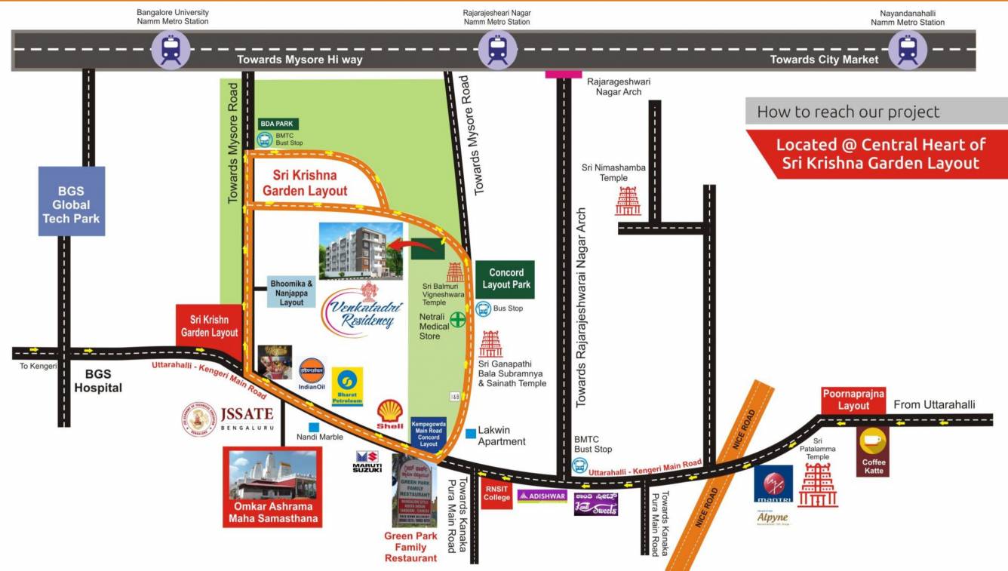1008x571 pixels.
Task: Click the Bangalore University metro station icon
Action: pyautogui.click(x=171, y=50)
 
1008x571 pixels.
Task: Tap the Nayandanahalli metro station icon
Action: pyautogui.click(x=907, y=50)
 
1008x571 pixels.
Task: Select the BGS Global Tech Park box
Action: pyautogui.click(x=72, y=201)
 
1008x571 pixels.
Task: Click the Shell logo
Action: pyautogui.click(x=390, y=414)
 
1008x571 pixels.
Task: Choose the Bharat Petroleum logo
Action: pyautogui.click(x=347, y=386)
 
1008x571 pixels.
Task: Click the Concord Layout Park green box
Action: pyautogui.click(x=505, y=279)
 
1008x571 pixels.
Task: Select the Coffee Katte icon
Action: pyautogui.click(x=873, y=450)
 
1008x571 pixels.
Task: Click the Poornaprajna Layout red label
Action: pyautogui.click(x=853, y=400)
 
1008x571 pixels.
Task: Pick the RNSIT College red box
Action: pyautogui.click(x=497, y=493)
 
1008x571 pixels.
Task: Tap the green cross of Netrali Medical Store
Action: pyautogui.click(x=458, y=319)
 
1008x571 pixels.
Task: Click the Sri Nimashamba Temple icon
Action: pyautogui.click(x=628, y=201)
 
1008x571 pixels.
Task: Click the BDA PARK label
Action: pyautogui.click(x=277, y=124)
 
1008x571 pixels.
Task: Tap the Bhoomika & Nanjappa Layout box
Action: pyautogui.click(x=291, y=293)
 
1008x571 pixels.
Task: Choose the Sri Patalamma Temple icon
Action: pyautogui.click(x=818, y=485)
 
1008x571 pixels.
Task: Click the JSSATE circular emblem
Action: pyautogui.click(x=199, y=419)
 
